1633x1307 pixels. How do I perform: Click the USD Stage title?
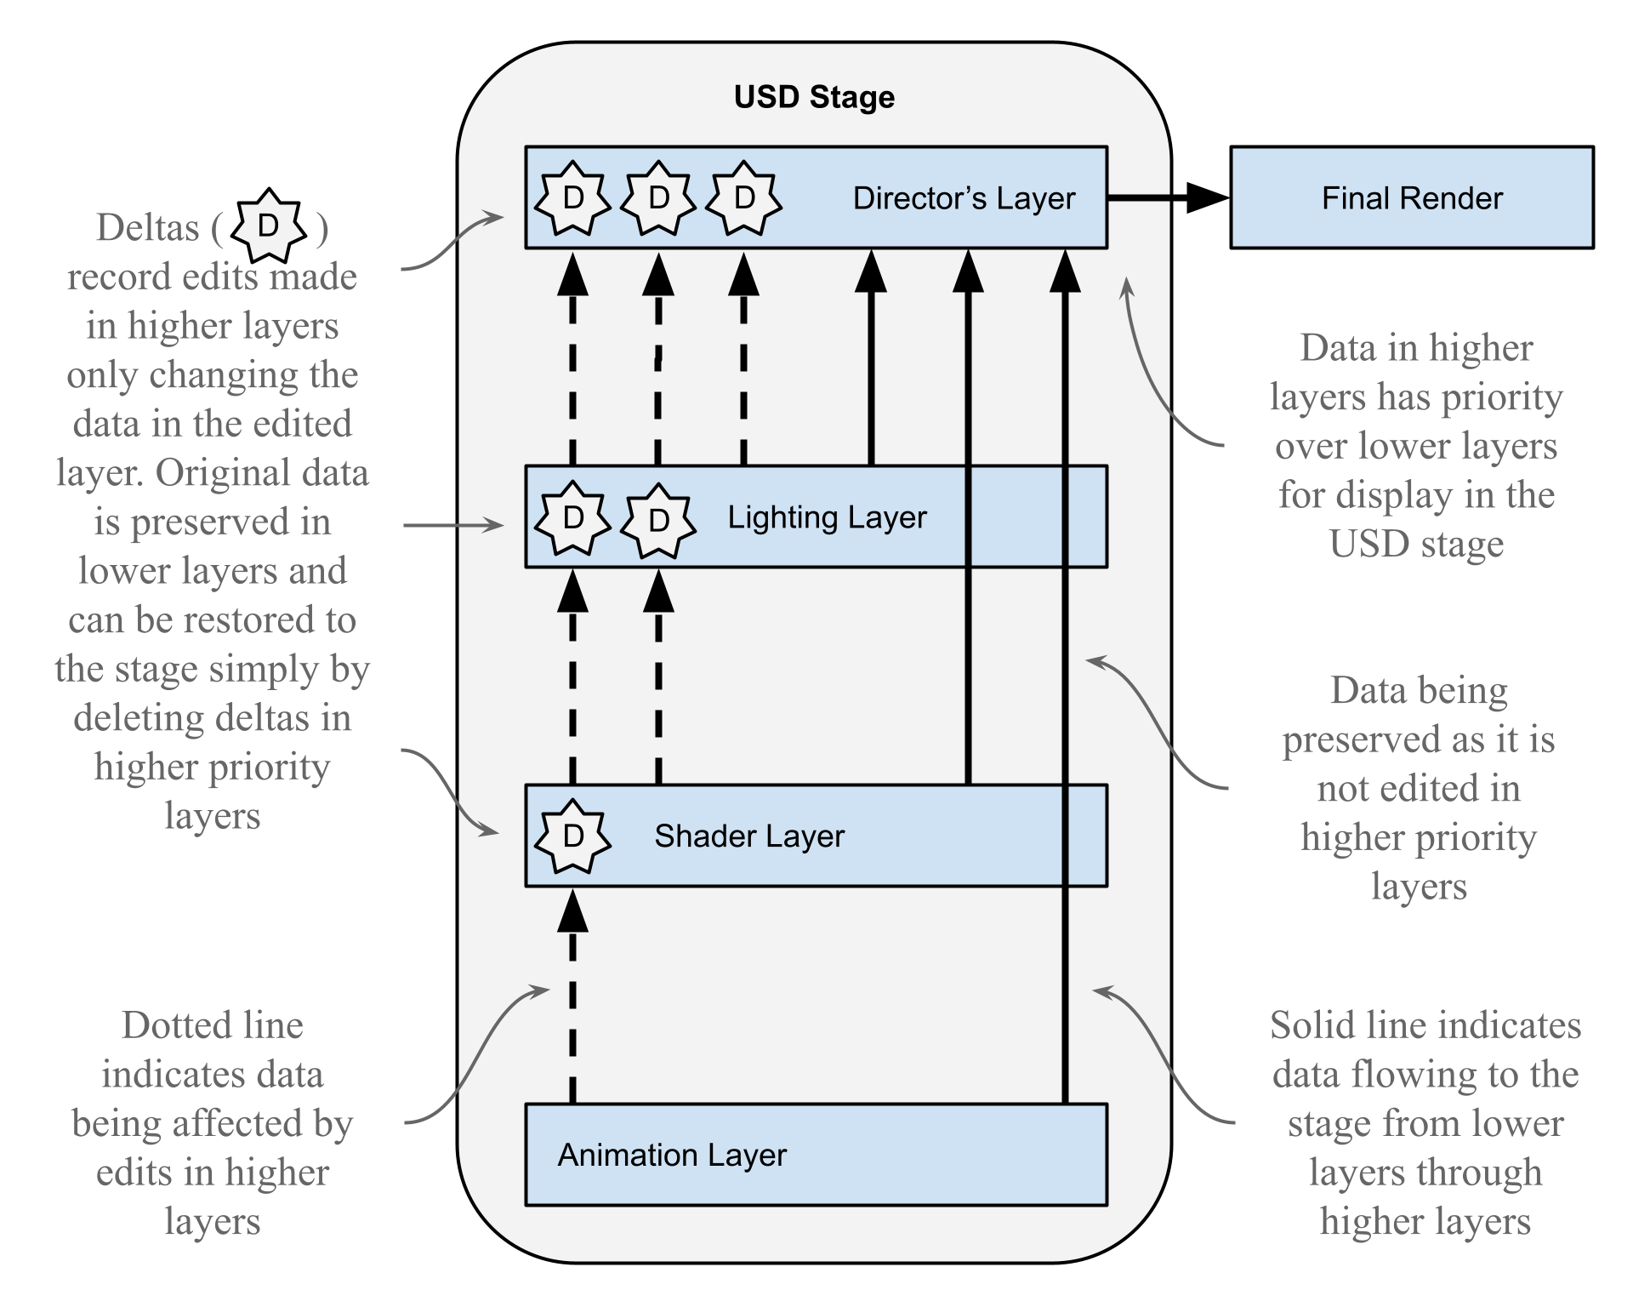pyautogui.click(x=814, y=97)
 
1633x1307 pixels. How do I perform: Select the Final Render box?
pyautogui.click(x=1411, y=197)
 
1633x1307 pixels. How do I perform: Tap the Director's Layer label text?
pyautogui.click(x=964, y=198)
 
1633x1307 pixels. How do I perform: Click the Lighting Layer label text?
pyautogui.click(x=827, y=517)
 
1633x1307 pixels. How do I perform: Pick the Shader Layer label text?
pyautogui.click(x=748, y=836)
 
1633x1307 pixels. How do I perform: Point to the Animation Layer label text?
pyautogui.click(x=672, y=1156)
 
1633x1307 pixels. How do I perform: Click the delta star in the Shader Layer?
pyautogui.click(x=572, y=836)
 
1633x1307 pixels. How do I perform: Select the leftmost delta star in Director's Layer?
pyautogui.click(x=572, y=198)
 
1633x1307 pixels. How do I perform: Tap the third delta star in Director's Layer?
pyautogui.click(x=744, y=198)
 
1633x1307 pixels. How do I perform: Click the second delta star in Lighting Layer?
pyautogui.click(x=658, y=521)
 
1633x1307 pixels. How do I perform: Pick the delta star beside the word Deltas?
pyautogui.click(x=268, y=226)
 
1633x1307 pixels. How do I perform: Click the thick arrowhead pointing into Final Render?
pyautogui.click(x=1207, y=197)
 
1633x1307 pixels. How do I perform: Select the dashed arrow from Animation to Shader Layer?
pyautogui.click(x=572, y=1004)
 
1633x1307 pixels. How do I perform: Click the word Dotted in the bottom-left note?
pyautogui.click(x=165, y=1025)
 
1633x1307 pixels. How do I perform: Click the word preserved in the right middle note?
pyautogui.click(x=1360, y=740)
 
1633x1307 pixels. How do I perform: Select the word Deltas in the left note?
pyautogui.click(x=147, y=228)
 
